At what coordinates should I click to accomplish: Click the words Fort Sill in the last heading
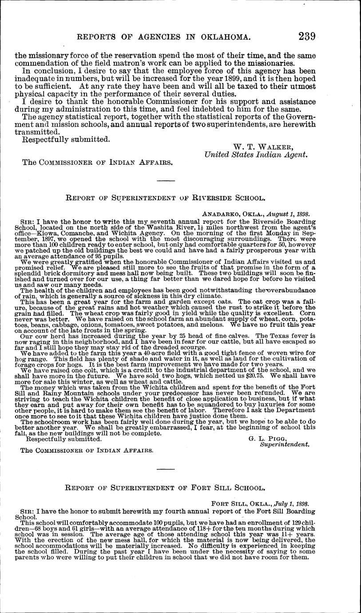(x=207, y=487)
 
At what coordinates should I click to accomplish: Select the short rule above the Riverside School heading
(x=166, y=180)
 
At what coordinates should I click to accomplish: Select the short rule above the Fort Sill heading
(x=166, y=469)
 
